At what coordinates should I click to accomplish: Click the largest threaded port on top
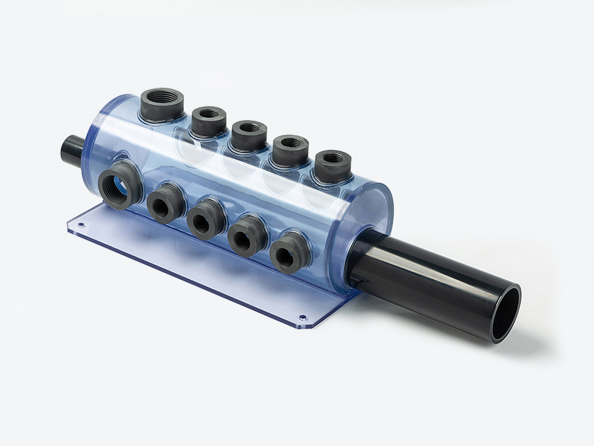tap(162, 103)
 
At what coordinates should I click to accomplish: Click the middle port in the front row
tap(206, 218)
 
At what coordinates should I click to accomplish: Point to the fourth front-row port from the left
tap(248, 234)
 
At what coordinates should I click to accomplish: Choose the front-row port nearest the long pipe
tap(291, 252)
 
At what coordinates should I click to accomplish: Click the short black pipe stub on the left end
tap(72, 149)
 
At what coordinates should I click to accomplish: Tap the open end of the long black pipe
tap(506, 313)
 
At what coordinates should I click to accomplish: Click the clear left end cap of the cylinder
tap(97, 141)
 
